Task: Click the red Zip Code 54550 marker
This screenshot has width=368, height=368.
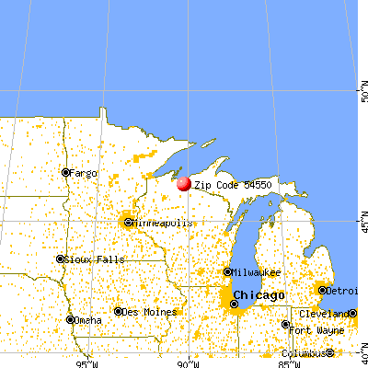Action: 183,183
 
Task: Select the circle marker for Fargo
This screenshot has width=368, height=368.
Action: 65,172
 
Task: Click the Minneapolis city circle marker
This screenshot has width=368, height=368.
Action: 129,223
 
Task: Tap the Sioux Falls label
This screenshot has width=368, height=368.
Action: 87,259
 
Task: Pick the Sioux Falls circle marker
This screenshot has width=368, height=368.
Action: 60,259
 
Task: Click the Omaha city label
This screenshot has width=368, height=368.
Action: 89,320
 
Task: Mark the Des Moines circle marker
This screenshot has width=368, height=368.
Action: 119,311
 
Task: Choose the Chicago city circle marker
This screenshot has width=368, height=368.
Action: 234,303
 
